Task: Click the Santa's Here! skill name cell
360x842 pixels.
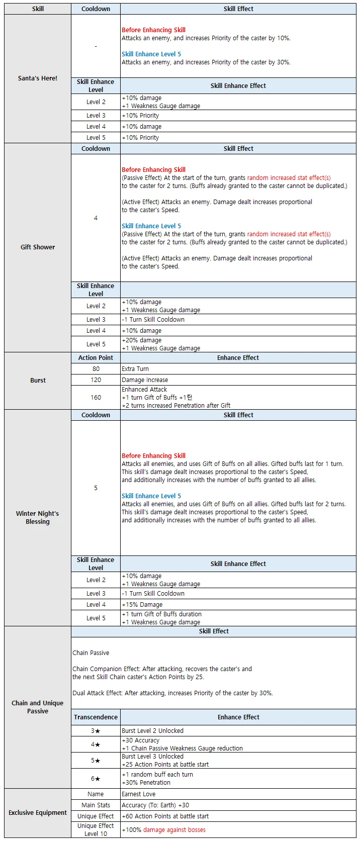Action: pos(38,78)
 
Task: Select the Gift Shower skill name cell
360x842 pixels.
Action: pos(38,247)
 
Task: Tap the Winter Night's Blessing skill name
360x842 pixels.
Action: pos(38,517)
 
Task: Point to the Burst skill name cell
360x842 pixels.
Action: pos(38,381)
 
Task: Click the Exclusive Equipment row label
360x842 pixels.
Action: pos(38,812)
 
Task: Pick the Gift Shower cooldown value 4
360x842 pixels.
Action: pos(96,218)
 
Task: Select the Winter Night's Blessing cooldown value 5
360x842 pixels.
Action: pos(96,488)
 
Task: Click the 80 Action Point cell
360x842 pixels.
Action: pos(96,369)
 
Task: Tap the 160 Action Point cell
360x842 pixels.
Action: pos(96,397)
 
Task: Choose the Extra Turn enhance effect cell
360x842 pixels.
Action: pos(135,369)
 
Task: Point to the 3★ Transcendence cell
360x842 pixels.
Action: pos(96,731)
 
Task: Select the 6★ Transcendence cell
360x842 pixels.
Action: pos(96,779)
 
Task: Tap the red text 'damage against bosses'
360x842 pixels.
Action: pos(174,830)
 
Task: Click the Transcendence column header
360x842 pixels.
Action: pos(96,717)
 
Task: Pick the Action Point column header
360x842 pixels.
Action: pos(96,358)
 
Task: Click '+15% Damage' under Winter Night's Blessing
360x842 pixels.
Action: pos(142,605)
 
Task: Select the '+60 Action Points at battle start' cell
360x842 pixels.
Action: pos(165,816)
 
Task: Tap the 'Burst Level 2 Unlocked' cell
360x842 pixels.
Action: pos(153,731)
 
